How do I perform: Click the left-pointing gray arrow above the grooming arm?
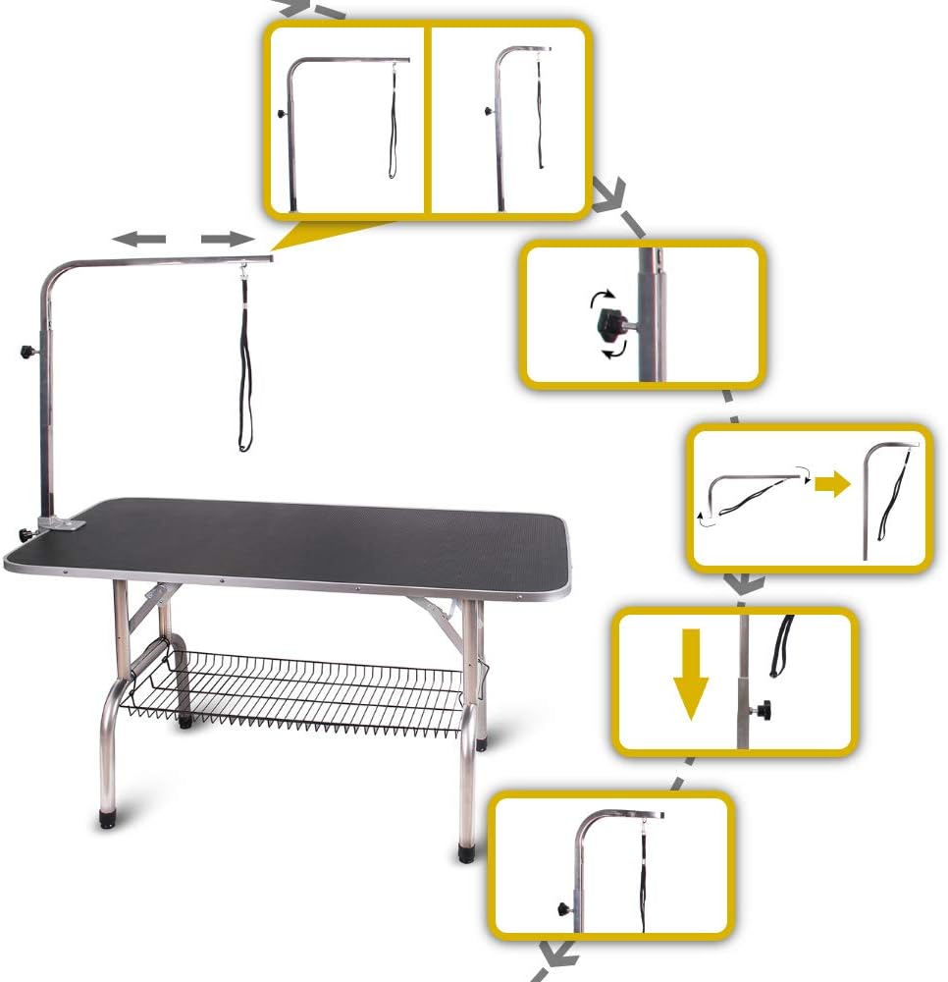(x=136, y=239)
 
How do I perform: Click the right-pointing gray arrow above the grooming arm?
(x=228, y=239)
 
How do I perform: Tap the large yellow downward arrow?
(x=692, y=675)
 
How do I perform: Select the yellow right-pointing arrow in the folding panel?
(x=832, y=484)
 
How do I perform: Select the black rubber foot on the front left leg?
(x=105, y=818)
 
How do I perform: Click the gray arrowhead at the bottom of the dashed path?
(x=558, y=951)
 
